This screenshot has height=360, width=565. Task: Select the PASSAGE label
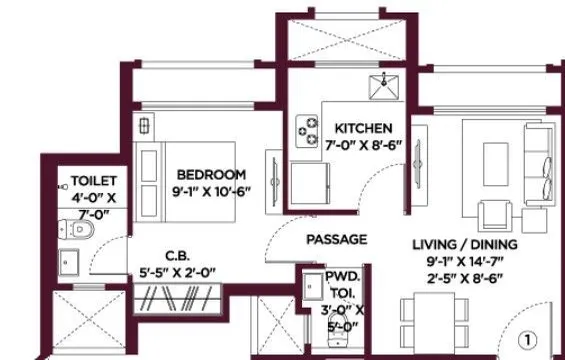336,239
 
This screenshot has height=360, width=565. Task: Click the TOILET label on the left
93,181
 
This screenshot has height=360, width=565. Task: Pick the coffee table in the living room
494,157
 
